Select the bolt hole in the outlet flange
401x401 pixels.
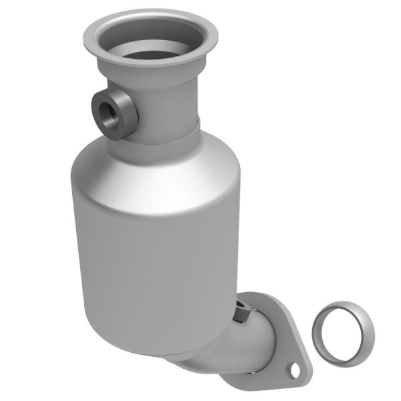click(292, 368)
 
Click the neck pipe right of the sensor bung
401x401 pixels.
click(170, 100)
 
